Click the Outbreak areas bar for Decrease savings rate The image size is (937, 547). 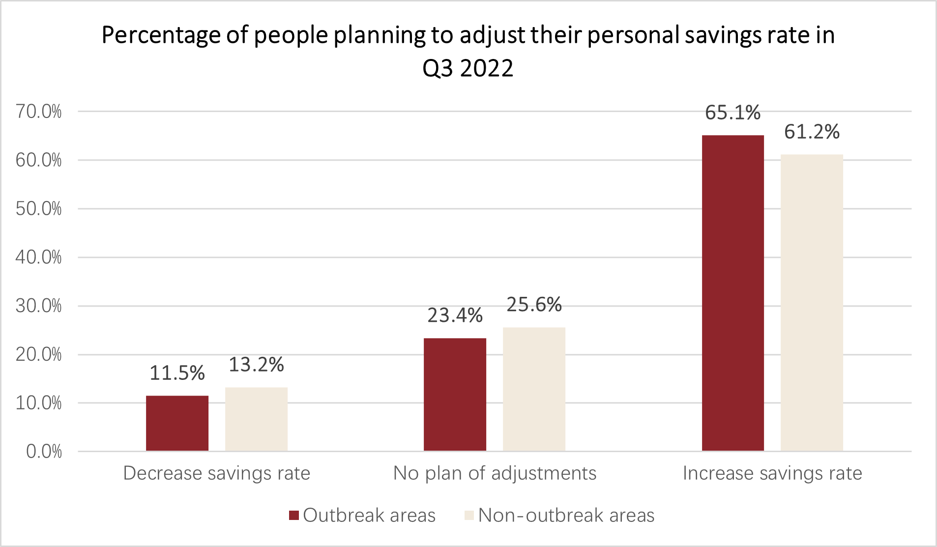pos(177,423)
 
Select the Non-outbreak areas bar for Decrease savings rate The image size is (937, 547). pos(256,419)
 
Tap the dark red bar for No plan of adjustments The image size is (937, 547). pos(455,395)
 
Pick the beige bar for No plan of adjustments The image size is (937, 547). pos(534,389)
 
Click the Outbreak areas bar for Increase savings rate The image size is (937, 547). pos(732,293)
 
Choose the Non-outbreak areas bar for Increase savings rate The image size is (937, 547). pos(812,303)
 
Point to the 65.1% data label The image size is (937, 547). pos(732,113)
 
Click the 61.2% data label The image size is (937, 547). pos(812,132)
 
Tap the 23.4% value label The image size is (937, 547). pos(455,316)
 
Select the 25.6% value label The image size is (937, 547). pos(534,305)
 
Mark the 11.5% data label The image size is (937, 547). pos(177,373)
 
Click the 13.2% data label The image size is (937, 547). pos(256,365)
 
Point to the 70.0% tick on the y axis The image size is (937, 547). pos(38,112)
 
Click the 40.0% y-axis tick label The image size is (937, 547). pos(38,257)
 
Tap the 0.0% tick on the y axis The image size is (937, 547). pos(44,451)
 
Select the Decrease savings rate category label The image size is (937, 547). pos(216,473)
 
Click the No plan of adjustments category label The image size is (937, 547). pos(495,473)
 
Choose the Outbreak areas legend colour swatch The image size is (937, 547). pos(294,515)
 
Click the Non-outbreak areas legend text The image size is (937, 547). pos(566,515)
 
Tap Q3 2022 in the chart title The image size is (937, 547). pos(468,68)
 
